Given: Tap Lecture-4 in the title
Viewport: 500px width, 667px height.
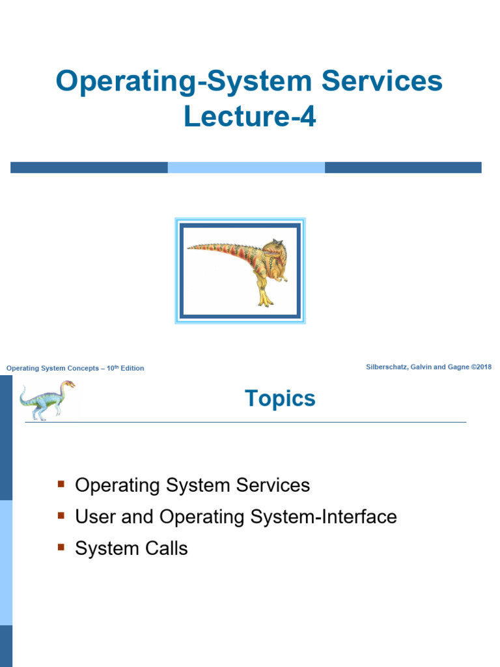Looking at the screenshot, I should [249, 118].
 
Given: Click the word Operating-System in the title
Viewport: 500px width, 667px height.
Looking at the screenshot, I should [171, 82].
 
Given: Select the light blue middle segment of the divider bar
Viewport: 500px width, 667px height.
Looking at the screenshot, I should [246, 167].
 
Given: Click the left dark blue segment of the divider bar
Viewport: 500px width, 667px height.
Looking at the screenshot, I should [89, 167].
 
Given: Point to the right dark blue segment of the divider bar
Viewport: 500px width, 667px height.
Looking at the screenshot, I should [403, 167].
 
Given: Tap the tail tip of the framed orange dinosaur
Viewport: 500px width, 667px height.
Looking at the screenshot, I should [191, 247].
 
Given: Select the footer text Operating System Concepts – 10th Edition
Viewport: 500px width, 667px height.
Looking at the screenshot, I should [75, 369].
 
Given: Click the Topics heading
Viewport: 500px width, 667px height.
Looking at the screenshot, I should [280, 399].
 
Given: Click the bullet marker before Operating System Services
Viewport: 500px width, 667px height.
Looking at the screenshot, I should [61, 484].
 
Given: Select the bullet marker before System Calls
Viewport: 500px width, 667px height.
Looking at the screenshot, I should [61, 547].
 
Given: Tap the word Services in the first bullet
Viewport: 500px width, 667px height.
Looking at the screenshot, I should [273, 485].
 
